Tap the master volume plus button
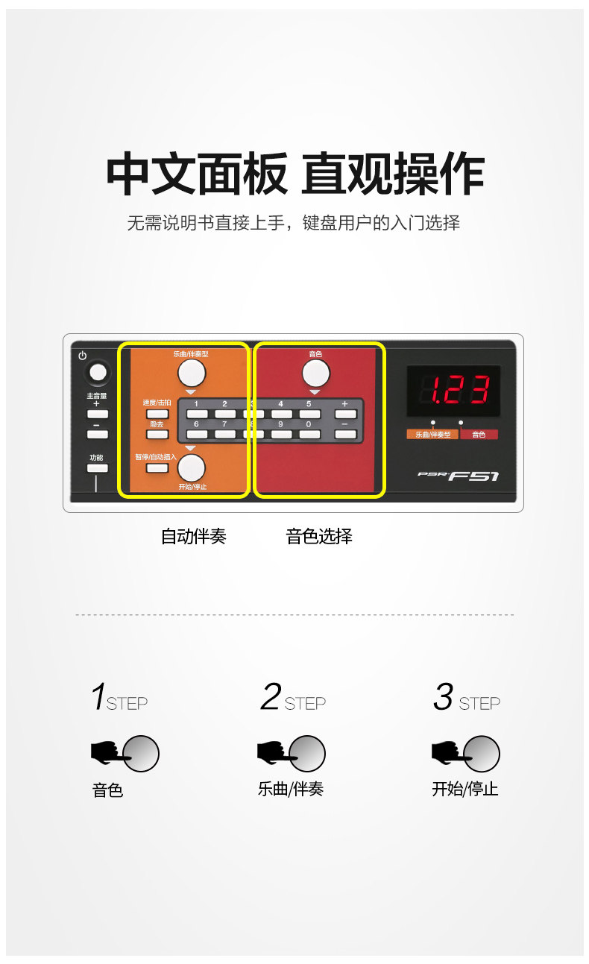tap(97, 414)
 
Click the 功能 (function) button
tap(97, 468)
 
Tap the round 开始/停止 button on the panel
tap(191, 467)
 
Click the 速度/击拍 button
tap(157, 413)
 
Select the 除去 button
tap(157, 433)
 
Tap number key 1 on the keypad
tap(197, 413)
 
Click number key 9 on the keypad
tap(281, 434)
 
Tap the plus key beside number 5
tap(344, 413)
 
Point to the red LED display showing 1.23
tap(453, 391)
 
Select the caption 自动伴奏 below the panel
tap(193, 536)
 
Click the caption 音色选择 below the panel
tap(319, 536)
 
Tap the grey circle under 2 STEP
tap(307, 753)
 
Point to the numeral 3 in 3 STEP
tap(443, 697)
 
